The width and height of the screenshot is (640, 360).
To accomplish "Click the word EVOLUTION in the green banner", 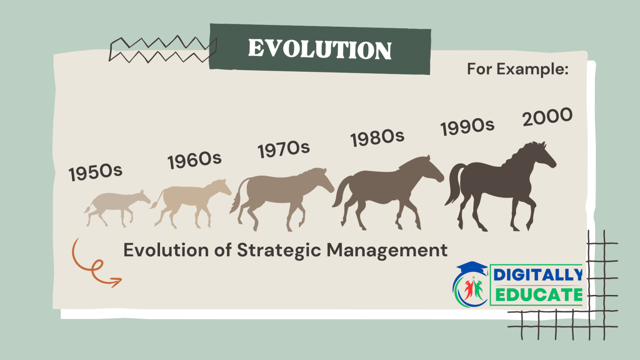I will point(320,49).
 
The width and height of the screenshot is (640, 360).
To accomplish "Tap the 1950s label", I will point(95,172).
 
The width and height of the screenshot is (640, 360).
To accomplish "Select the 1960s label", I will point(194,160).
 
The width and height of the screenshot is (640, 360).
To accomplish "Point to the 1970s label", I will point(283,149).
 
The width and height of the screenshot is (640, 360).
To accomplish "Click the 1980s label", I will point(377,137).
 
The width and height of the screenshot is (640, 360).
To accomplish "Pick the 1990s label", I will point(467,126).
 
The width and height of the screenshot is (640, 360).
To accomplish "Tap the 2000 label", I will point(547,117).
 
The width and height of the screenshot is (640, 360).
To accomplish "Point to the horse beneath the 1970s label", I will point(279,192).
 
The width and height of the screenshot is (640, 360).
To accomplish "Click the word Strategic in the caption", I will point(279,250).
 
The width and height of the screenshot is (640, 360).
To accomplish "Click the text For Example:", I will point(517,69).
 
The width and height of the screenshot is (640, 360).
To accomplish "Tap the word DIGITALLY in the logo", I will point(538,275).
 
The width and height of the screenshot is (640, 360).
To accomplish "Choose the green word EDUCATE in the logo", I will point(538,295).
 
